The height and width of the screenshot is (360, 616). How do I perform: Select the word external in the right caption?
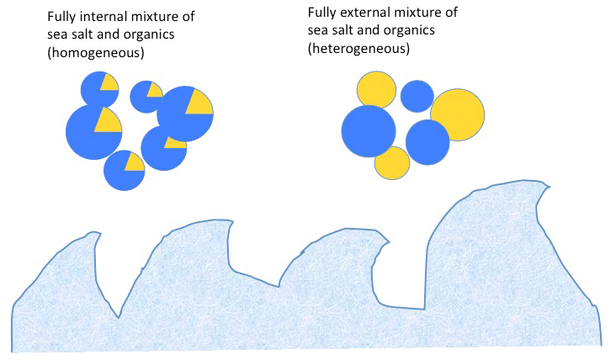364,13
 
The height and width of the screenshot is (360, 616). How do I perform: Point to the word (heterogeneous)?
358,49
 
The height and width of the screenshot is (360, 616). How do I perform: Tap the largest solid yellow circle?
457,114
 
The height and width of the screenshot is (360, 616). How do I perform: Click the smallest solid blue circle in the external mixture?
417,96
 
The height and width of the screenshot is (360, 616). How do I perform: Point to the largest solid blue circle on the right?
369,131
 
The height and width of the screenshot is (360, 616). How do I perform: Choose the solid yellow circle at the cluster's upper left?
376,91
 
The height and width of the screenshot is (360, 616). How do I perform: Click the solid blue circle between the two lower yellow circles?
427,141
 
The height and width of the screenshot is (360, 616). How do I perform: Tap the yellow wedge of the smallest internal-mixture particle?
153,89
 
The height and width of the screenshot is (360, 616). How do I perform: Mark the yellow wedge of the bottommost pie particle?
133,161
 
